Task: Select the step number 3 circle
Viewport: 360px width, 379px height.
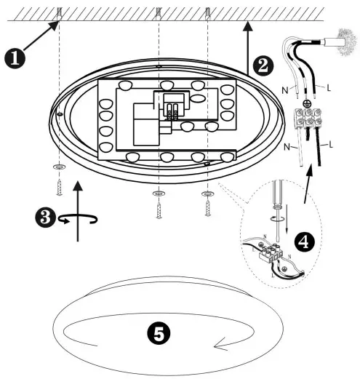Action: point(45,217)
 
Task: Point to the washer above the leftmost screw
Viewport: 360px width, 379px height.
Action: point(58,167)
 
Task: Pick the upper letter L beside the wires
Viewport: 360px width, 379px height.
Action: point(329,87)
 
